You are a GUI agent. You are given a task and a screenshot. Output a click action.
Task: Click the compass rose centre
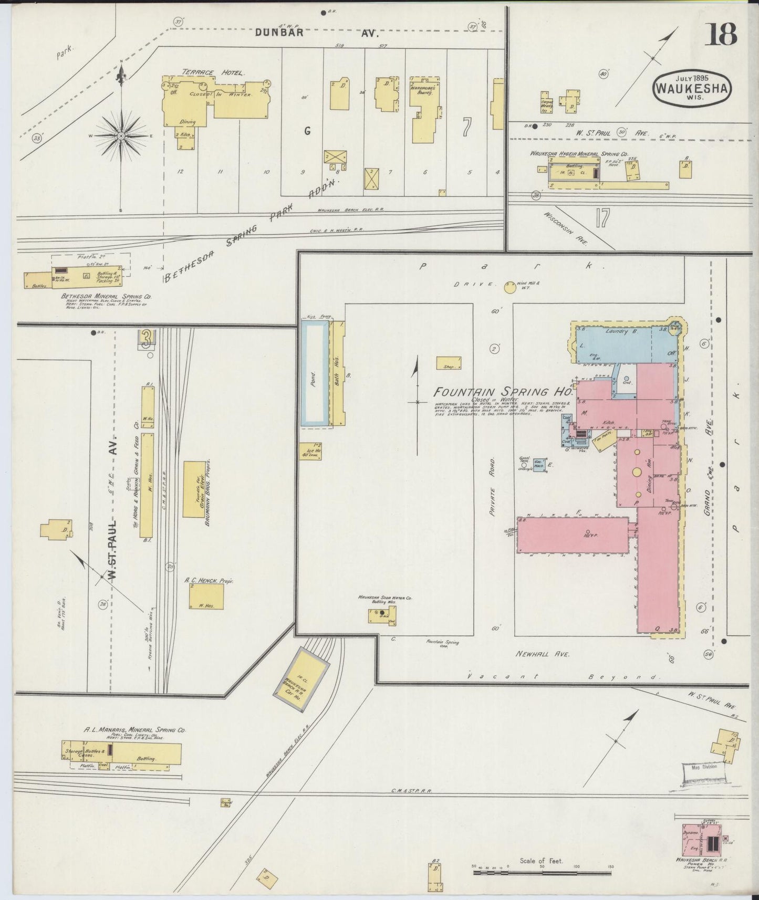tap(121, 136)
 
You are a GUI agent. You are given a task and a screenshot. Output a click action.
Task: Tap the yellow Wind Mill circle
tap(510, 287)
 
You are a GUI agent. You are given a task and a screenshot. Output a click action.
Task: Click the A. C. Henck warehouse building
tap(206, 596)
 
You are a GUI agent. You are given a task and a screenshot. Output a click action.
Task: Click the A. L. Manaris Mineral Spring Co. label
tap(135, 730)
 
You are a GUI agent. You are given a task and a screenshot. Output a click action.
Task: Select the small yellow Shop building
tap(449, 363)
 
